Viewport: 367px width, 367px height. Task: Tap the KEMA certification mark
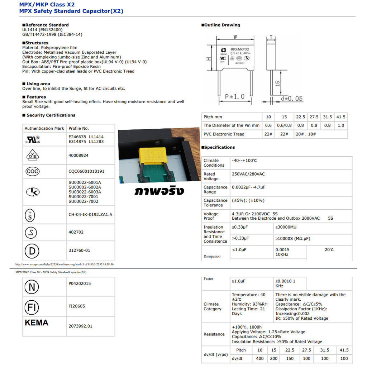(36, 323)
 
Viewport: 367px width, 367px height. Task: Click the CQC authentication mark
(33, 171)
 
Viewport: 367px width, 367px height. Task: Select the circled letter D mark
(32, 251)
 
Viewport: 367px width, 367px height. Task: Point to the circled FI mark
(32, 307)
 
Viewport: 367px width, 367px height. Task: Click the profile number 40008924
(78, 156)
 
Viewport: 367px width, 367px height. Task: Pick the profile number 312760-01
(79, 251)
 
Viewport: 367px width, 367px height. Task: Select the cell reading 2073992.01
(80, 326)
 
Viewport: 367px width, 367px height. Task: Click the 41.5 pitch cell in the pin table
(341, 117)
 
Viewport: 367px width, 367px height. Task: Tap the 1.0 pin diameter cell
(341, 125)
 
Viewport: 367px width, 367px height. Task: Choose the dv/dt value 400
(260, 358)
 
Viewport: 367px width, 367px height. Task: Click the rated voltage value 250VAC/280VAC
(248, 174)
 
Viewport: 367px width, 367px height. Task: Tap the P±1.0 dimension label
(235, 96)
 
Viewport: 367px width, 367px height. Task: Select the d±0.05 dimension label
(291, 98)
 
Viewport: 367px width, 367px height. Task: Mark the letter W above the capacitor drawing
(235, 37)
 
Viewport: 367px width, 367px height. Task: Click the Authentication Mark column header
(44, 128)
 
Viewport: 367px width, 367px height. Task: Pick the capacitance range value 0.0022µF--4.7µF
(248, 187)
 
